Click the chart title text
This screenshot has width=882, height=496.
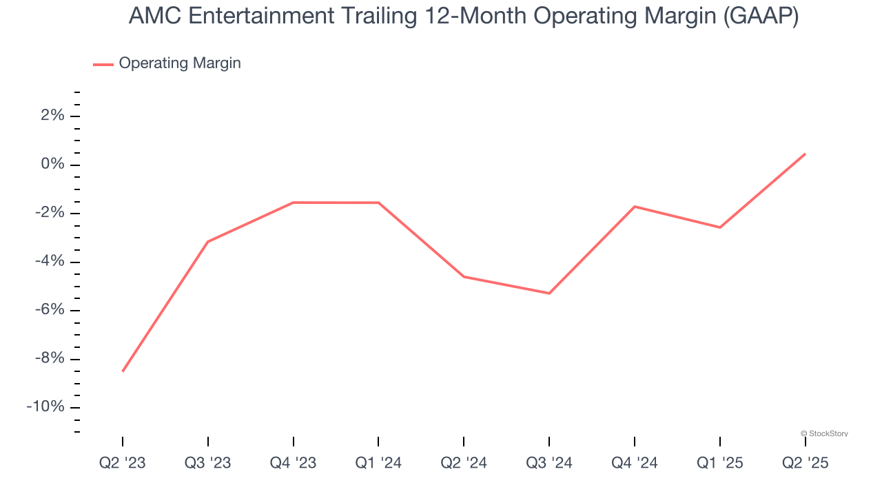[x=464, y=16]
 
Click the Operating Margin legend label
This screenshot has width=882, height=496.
[x=180, y=63]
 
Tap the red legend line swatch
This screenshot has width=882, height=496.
[x=103, y=64]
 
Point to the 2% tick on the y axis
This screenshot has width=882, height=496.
[x=52, y=116]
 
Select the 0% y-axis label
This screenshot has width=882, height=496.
[x=52, y=165]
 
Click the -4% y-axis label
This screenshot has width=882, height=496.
[x=50, y=262]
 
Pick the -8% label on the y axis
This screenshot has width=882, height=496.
[x=50, y=359]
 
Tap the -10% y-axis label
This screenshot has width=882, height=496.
[x=46, y=407]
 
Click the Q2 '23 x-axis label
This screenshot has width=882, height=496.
[x=123, y=464]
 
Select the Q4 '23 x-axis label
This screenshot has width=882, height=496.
[x=294, y=464]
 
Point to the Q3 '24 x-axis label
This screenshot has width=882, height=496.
[x=549, y=464]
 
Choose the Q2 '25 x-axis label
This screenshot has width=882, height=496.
[x=805, y=464]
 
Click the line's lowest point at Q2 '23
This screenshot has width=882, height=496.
[x=123, y=371]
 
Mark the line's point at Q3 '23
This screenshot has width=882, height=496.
[x=208, y=242]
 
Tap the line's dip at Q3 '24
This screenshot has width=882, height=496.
[x=549, y=293]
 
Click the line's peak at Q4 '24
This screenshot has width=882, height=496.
[x=635, y=207]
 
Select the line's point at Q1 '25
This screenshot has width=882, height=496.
[x=720, y=227]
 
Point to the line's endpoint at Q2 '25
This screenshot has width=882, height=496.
[x=805, y=154]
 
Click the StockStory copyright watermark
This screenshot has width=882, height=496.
[x=824, y=433]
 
